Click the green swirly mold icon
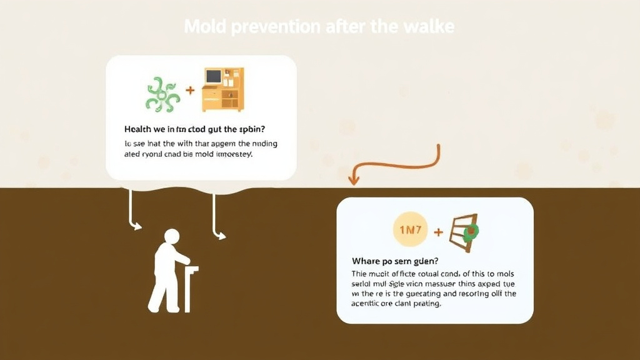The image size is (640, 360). (162, 94)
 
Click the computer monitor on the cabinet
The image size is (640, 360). (214, 77)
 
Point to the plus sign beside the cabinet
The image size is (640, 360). (190, 91)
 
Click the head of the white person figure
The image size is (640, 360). (172, 237)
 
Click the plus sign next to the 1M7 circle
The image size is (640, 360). (438, 232)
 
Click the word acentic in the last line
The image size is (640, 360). (367, 304)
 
